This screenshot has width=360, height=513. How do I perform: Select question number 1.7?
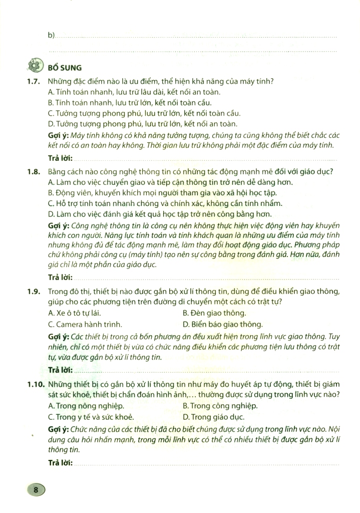(33, 82)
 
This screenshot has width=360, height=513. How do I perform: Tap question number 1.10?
(34, 384)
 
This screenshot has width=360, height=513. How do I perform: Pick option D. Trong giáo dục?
(213, 416)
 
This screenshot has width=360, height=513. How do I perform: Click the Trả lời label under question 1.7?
(60, 158)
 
